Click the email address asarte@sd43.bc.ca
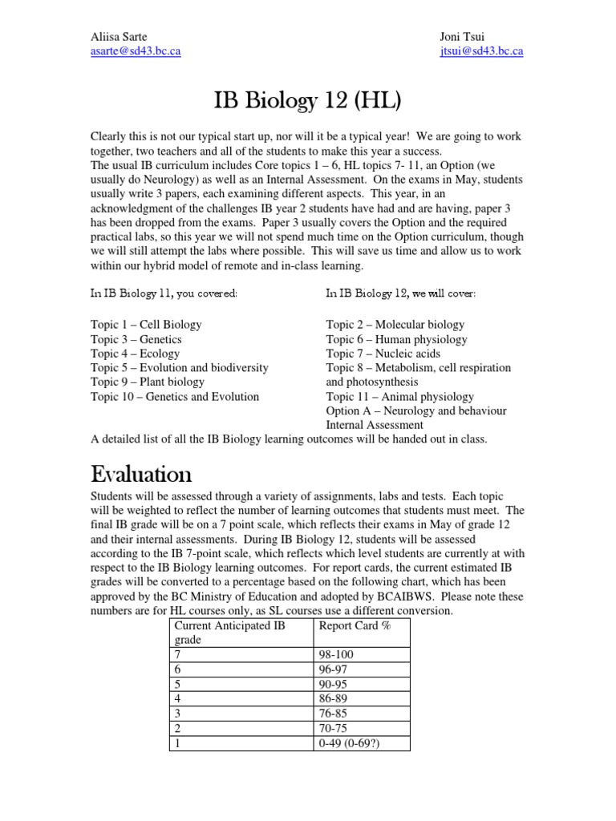tap(136, 51)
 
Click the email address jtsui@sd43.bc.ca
tap(481, 51)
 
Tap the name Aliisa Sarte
tap(120, 37)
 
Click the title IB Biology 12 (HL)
tap(307, 101)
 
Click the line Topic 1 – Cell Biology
tap(146, 325)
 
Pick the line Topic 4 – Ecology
tap(135, 354)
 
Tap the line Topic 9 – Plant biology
tap(148, 382)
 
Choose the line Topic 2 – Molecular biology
tap(395, 325)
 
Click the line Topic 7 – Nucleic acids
tap(383, 354)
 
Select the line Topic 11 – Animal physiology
tap(399, 396)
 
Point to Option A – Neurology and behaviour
tap(417, 410)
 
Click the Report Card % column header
tap(355, 625)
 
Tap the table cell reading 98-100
tap(336, 655)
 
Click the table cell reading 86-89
tap(333, 698)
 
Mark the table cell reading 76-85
tap(333, 713)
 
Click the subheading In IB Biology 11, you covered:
tap(164, 293)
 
